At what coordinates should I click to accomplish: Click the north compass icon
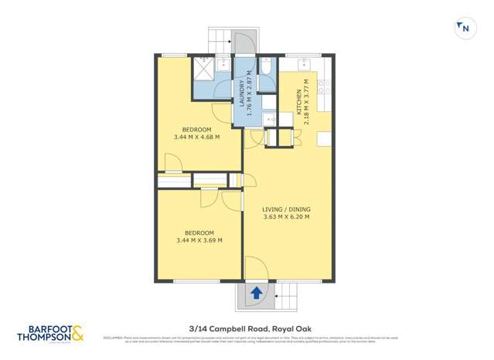(x=464, y=28)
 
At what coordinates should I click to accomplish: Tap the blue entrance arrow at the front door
(x=255, y=293)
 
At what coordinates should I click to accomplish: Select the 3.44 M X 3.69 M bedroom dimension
(x=199, y=240)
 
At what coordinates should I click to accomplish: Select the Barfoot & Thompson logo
(x=50, y=334)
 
